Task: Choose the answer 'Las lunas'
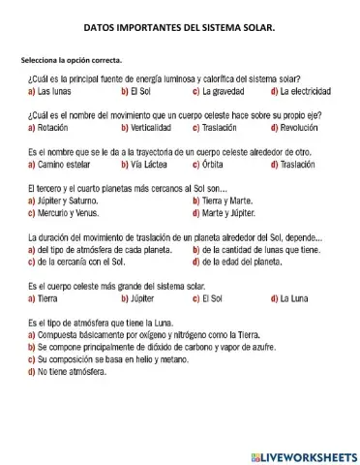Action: pyautogui.click(x=53, y=91)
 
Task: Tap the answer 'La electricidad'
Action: pyautogui.click(x=308, y=91)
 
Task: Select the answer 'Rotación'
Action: pyautogui.click(x=52, y=127)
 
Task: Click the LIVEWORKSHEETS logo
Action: pyautogui.click(x=303, y=455)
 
